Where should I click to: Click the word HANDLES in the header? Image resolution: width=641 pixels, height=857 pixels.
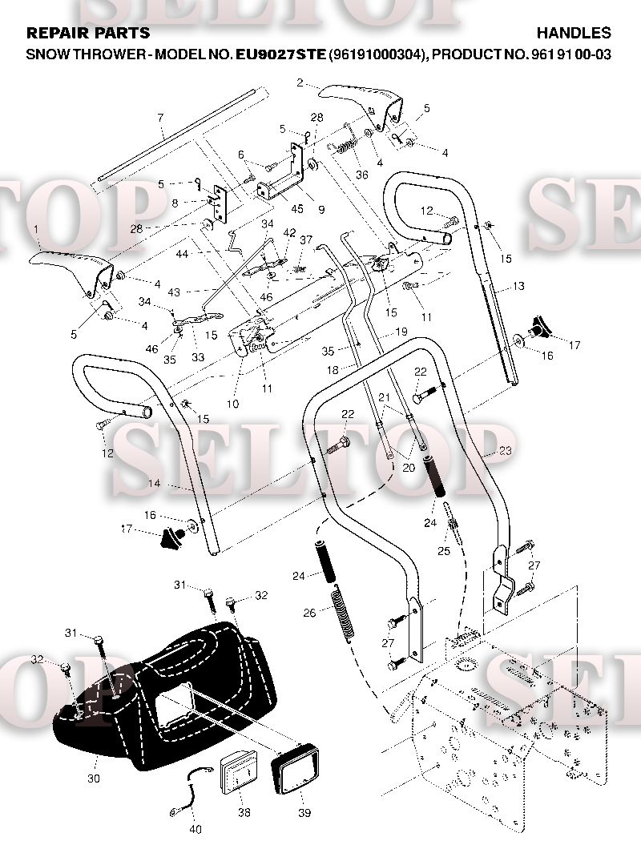coord(574,33)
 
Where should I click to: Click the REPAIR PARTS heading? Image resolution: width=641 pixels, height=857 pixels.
coord(88,33)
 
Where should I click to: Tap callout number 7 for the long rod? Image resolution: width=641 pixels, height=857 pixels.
coord(160,118)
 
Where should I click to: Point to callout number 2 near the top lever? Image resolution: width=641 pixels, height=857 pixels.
coord(300,82)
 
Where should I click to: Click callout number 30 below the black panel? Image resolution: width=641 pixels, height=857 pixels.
coord(94,779)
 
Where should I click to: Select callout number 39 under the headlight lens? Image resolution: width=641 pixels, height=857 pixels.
coord(304,813)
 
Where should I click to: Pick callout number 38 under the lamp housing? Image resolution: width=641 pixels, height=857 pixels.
coord(244,813)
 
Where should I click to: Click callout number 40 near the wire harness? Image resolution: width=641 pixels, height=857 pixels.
coord(196,830)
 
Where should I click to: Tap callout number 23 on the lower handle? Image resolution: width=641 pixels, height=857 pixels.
coord(506,450)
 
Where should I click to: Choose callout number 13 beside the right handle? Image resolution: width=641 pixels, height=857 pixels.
coord(518,286)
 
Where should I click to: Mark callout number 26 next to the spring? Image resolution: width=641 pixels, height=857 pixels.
coord(309,613)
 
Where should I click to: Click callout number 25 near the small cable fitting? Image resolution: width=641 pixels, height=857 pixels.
coord(444,551)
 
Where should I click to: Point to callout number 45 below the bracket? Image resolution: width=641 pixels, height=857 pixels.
coord(297,209)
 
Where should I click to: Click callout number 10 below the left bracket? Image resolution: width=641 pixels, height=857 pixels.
coord(232,404)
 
